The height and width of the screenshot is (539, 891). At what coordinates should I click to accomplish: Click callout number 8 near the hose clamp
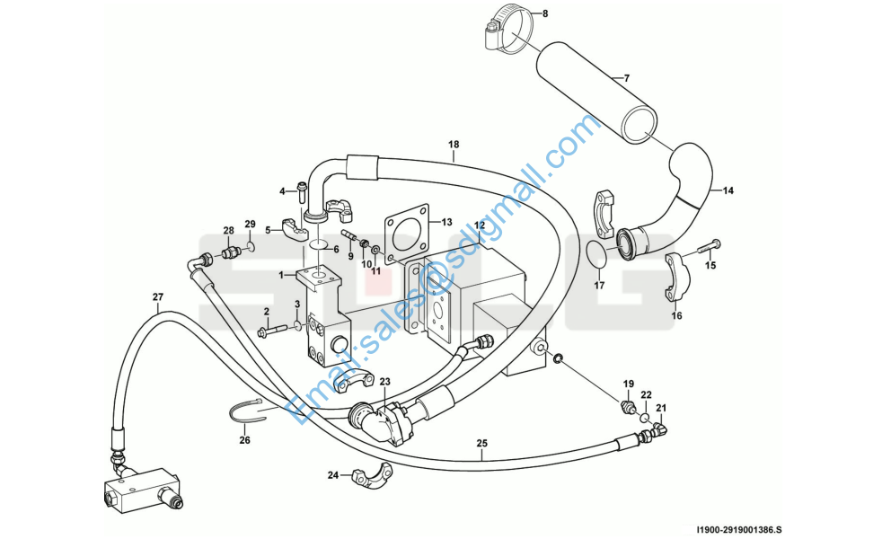pos(543,13)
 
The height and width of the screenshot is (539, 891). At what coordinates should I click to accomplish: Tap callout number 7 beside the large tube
pos(626,78)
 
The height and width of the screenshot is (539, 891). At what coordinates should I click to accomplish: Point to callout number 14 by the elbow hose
pos(728,190)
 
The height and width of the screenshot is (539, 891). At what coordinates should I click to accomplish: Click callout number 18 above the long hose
pos(454,145)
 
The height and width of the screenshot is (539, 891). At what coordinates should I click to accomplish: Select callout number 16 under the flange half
pos(677,315)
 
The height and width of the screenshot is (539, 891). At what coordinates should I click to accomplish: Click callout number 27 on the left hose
pos(158,296)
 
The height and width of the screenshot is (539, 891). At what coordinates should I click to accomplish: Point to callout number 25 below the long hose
pos(481,444)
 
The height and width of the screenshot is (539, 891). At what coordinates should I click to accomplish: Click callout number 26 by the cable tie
pos(244,440)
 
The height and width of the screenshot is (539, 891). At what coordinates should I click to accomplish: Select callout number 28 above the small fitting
pos(228,231)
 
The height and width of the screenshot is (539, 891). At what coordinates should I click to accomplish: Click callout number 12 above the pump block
pos(480,225)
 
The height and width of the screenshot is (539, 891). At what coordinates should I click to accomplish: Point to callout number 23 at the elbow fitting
pos(384,382)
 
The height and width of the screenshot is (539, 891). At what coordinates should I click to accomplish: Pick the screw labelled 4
pos(301,191)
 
